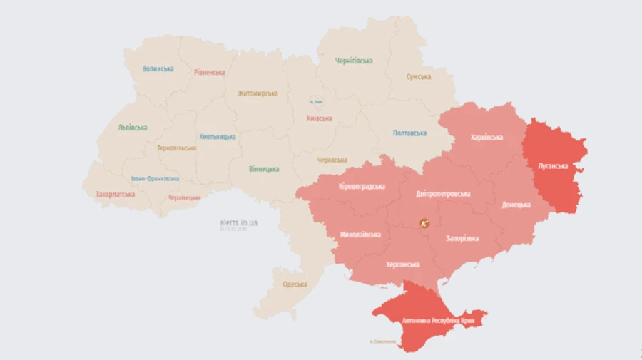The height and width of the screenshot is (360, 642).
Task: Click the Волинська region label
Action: [x=158, y=69]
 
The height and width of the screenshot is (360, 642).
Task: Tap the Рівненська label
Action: [x=209, y=72]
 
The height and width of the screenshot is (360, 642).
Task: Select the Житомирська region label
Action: [x=258, y=93]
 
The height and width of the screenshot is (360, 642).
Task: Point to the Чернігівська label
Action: [x=354, y=61]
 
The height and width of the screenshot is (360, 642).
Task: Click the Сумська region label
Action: [x=418, y=76]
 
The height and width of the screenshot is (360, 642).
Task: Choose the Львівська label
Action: [x=133, y=128]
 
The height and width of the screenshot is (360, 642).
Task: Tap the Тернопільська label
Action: [x=176, y=148]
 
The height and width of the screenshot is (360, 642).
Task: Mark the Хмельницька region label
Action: [x=218, y=136]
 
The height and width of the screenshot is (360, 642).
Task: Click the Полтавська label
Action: [x=409, y=133]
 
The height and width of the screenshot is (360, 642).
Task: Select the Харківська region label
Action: [x=486, y=137]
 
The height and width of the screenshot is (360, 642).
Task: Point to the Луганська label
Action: [x=552, y=165]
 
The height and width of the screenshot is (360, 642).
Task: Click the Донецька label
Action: [x=516, y=205]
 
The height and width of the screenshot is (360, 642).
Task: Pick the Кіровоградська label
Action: [x=362, y=187]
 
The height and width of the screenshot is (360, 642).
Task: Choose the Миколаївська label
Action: [x=360, y=234]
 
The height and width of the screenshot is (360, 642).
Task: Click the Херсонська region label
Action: [x=402, y=264]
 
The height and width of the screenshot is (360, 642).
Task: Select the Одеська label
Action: [x=295, y=284]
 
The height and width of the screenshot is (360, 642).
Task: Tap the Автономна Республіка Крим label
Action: [x=439, y=322]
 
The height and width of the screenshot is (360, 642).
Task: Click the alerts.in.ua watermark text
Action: [x=239, y=222]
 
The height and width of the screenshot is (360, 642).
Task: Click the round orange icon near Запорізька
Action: [x=424, y=223]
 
